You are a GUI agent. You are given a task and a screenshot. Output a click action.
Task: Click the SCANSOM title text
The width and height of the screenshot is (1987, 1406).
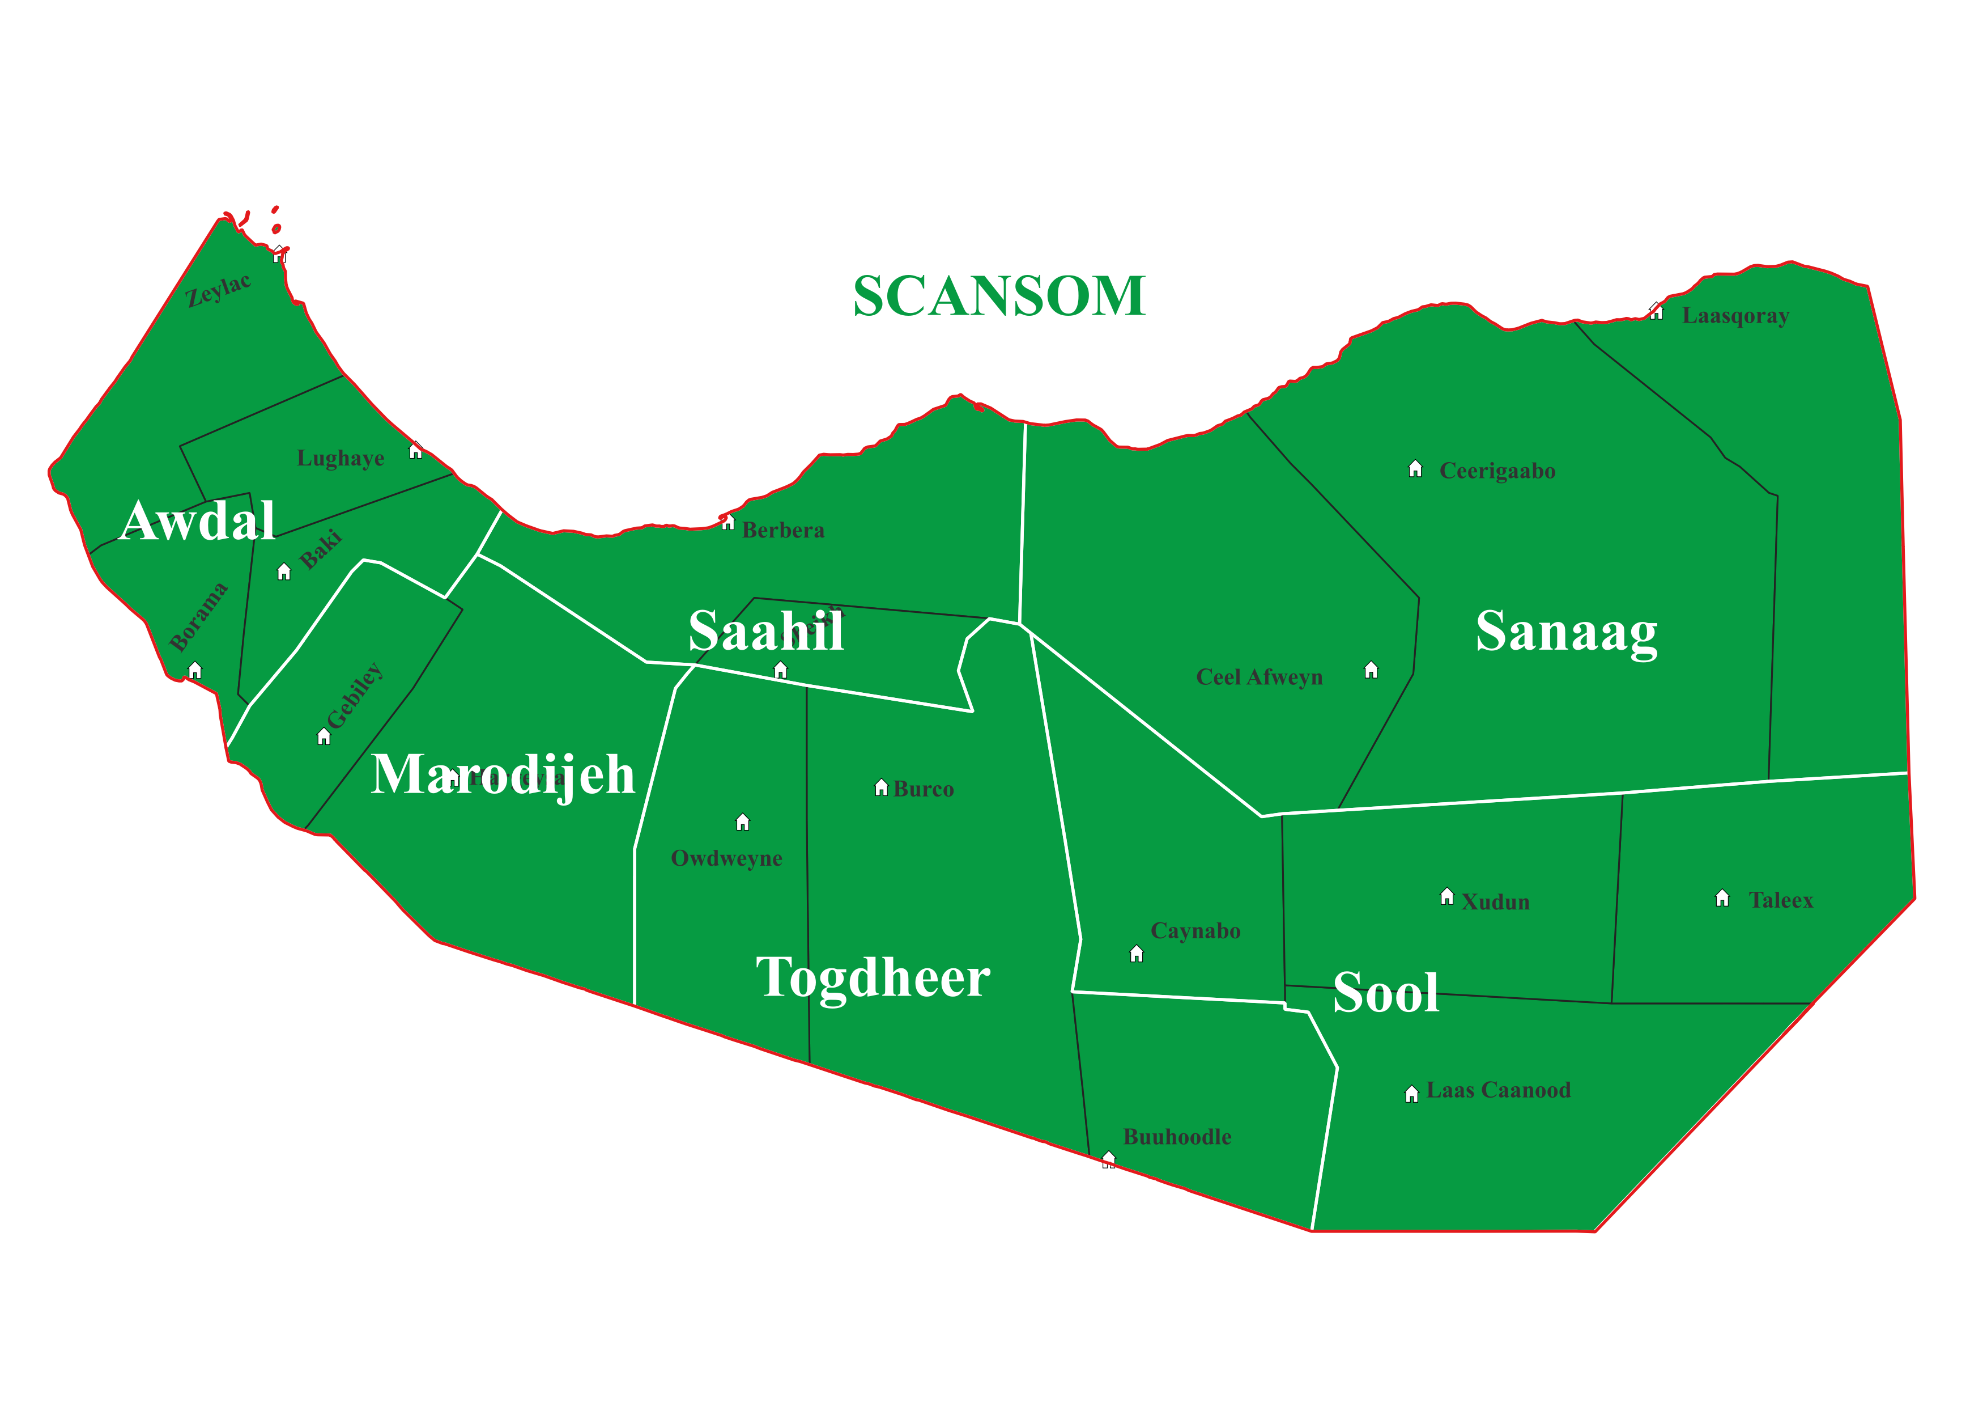coord(999,296)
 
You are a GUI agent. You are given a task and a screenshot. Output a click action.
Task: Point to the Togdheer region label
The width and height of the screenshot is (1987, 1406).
coord(873,977)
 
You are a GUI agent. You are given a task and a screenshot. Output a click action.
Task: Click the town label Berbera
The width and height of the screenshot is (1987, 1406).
coord(783,530)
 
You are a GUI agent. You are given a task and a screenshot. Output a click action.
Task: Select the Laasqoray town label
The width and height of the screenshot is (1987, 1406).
coord(1735,316)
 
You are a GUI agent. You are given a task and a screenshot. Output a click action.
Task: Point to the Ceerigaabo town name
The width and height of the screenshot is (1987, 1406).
coord(1497,471)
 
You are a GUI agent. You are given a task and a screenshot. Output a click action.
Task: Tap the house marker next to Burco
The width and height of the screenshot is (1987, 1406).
coord(881,788)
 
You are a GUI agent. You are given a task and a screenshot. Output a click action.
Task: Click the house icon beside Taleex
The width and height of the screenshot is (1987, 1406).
coord(1722,898)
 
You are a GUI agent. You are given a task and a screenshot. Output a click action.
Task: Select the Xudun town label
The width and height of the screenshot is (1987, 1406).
coord(1495,902)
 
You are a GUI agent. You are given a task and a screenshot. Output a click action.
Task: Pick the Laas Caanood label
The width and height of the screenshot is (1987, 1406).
coord(1498,1090)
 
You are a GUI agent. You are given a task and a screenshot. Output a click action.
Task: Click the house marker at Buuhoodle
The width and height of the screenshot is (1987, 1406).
coord(1109,1158)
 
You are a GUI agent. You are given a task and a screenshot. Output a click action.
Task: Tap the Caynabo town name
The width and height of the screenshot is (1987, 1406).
coord(1195,931)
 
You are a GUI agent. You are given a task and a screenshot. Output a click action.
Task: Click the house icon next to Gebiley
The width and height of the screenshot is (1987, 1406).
coord(324,737)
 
